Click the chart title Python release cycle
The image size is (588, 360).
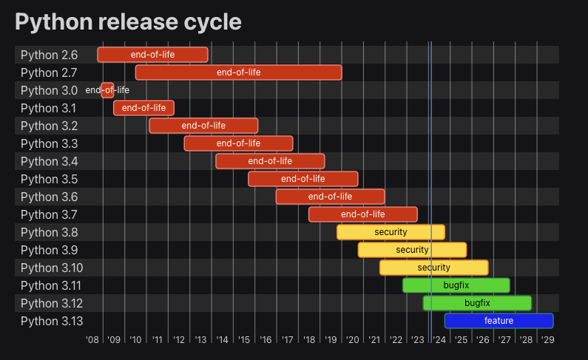(x=128, y=22)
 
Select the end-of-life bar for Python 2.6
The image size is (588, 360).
(x=152, y=55)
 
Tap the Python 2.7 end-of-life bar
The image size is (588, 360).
(x=238, y=72)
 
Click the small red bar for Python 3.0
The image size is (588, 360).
(x=107, y=90)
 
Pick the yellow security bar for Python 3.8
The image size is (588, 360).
(x=391, y=232)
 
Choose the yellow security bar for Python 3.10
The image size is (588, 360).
(x=434, y=268)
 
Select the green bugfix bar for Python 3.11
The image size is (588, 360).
(x=456, y=285)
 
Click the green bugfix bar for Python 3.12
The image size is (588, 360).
(x=477, y=303)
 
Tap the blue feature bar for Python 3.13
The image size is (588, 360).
(x=499, y=321)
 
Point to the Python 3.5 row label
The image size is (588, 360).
(x=49, y=180)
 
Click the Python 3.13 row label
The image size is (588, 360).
(x=52, y=322)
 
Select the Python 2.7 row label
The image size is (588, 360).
(x=49, y=73)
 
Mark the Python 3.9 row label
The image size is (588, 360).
(x=49, y=251)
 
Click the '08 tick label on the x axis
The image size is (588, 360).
(x=92, y=340)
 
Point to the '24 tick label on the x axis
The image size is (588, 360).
(x=439, y=340)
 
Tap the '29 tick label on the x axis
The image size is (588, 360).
(x=548, y=340)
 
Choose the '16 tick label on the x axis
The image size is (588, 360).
(x=266, y=340)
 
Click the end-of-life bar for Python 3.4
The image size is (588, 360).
(x=270, y=161)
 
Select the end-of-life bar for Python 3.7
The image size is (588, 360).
(x=363, y=214)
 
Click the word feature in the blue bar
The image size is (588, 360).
(x=499, y=321)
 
